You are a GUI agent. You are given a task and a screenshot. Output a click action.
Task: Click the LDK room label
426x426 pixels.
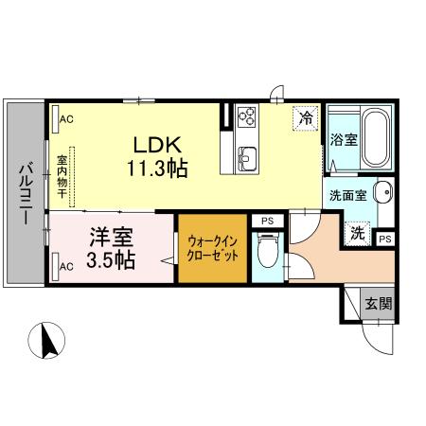pyautogui.click(x=156, y=147)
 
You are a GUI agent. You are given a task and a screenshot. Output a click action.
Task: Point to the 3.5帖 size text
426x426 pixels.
pyautogui.click(x=111, y=258)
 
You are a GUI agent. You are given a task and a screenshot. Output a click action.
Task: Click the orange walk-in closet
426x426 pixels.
pyautogui.click(x=212, y=250)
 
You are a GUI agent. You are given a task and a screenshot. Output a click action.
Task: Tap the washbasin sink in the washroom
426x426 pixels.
pyautogui.click(x=382, y=193)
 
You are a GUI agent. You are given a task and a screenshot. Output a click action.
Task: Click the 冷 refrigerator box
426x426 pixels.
pyautogui.click(x=306, y=117)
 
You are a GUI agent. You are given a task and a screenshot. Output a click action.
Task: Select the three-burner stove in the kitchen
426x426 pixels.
pyautogui.click(x=246, y=115)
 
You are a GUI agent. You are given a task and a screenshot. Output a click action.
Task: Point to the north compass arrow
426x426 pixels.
pyautogui.click(x=47, y=341)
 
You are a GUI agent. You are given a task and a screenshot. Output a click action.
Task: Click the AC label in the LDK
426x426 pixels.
pyautogui.click(x=67, y=119)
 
